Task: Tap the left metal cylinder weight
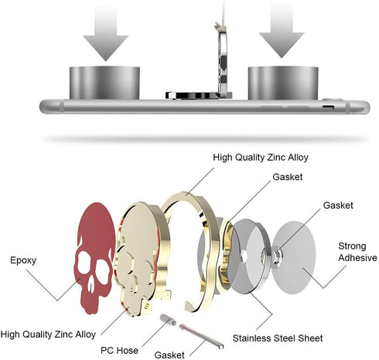[104, 83]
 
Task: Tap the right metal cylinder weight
[283, 83]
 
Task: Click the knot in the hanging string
[219, 26]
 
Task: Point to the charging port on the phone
[328, 107]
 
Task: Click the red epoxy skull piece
[94, 257]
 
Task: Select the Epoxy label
[23, 260]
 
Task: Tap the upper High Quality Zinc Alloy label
[261, 158]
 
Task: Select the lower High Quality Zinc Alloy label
[48, 335]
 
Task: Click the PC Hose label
[119, 350]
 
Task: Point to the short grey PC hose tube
[168, 320]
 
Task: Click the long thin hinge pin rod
[201, 336]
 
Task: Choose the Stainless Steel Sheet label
[278, 338]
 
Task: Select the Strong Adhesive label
[357, 252]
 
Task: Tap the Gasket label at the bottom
[169, 355]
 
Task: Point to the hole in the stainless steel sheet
[244, 256]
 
